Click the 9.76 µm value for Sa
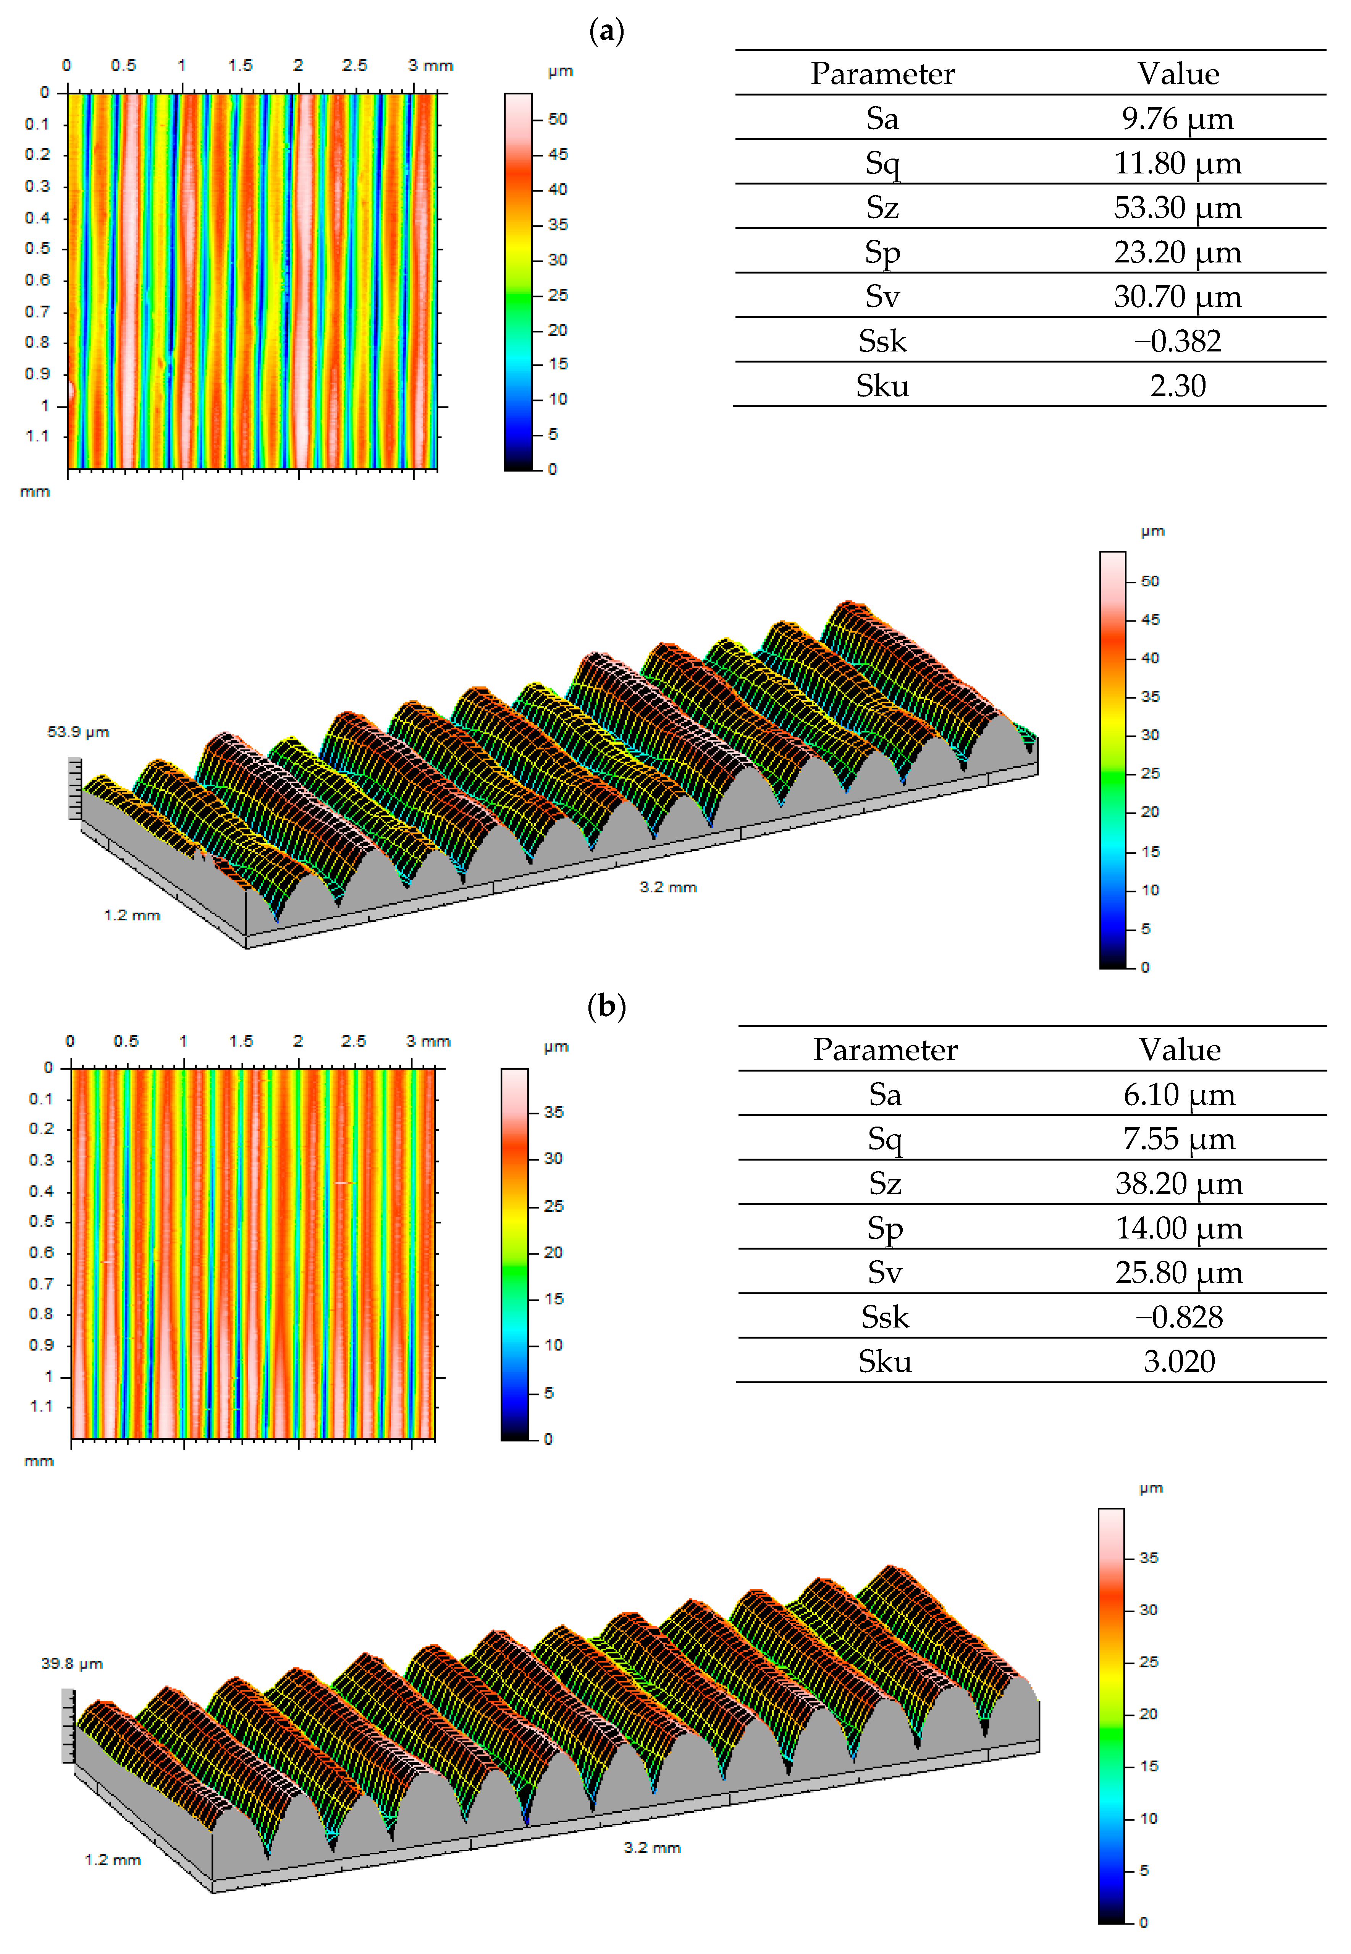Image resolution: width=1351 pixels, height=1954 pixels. pyautogui.click(x=1178, y=118)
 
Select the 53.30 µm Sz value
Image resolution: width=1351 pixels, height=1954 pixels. pyautogui.click(x=1178, y=207)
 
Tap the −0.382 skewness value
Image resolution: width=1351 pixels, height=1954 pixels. pyautogui.click(x=1178, y=341)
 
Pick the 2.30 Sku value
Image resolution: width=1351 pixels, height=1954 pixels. pyautogui.click(x=1178, y=386)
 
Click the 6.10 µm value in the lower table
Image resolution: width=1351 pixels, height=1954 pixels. pyautogui.click(x=1179, y=1095)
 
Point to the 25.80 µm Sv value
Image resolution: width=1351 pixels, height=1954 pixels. pyautogui.click(x=1179, y=1272)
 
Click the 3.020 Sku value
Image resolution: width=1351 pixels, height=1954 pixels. pyautogui.click(x=1179, y=1361)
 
